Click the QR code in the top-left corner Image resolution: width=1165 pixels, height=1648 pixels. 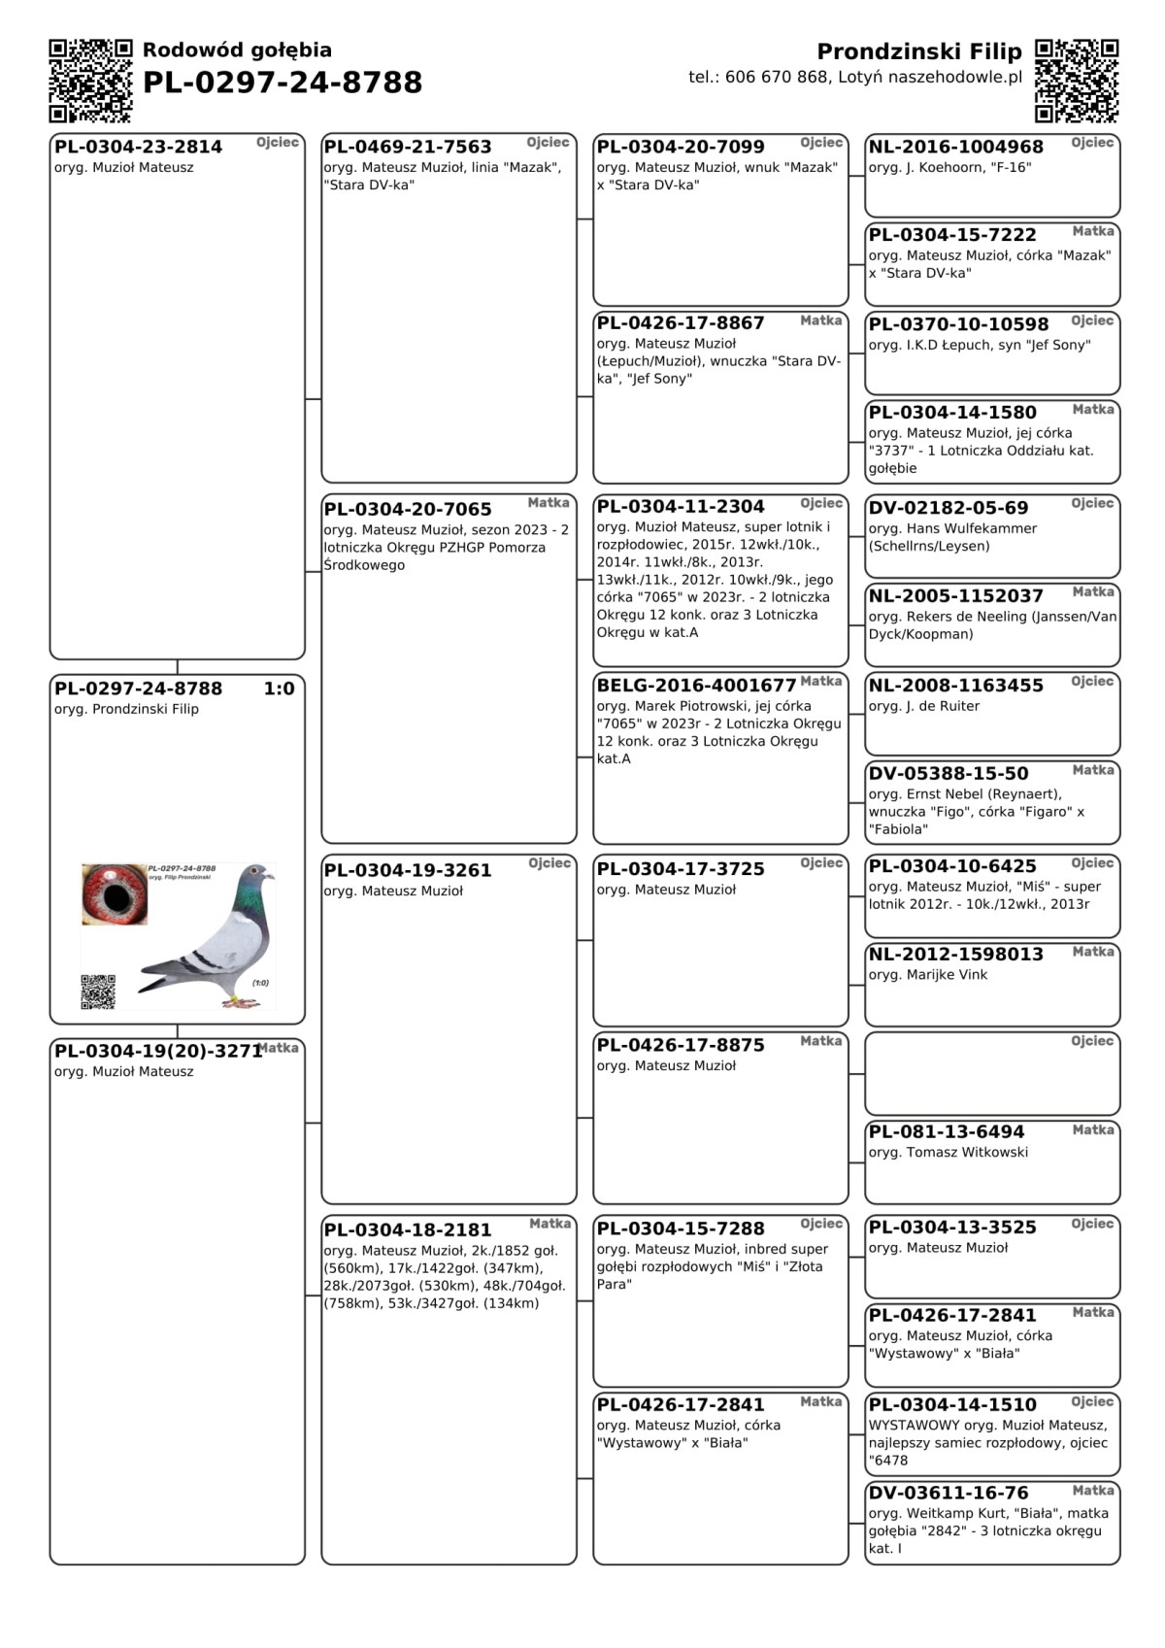point(90,81)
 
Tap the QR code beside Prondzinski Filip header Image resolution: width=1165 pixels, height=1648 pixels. point(1076,81)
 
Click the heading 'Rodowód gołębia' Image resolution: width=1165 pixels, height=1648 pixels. point(237,50)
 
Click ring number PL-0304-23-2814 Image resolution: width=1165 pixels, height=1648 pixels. point(138,147)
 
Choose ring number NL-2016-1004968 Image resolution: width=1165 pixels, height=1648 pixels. point(955,147)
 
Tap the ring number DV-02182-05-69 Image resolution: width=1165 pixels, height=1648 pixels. point(948,508)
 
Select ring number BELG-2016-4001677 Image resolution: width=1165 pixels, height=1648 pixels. point(696,686)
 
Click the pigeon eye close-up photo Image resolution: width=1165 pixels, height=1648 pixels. point(115,893)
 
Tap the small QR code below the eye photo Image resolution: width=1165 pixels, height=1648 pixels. point(97,992)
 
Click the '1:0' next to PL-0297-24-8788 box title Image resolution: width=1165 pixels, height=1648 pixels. point(279,689)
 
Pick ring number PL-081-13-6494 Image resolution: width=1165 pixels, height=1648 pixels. point(946,1132)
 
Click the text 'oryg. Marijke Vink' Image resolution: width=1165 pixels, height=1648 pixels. point(927,975)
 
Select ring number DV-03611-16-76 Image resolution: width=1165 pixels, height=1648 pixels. point(948,1494)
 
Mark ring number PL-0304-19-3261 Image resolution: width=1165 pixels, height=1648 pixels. point(408,870)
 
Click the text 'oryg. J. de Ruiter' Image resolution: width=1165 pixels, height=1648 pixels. point(923,706)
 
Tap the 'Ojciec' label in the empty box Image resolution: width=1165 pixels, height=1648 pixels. point(1092,1041)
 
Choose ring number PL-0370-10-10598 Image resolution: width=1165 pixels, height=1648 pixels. point(958,324)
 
